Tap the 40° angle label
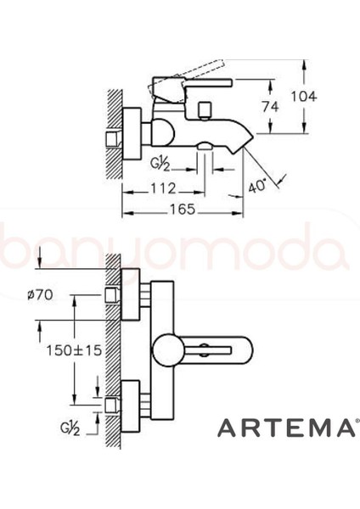pyautogui.click(x=262, y=182)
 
